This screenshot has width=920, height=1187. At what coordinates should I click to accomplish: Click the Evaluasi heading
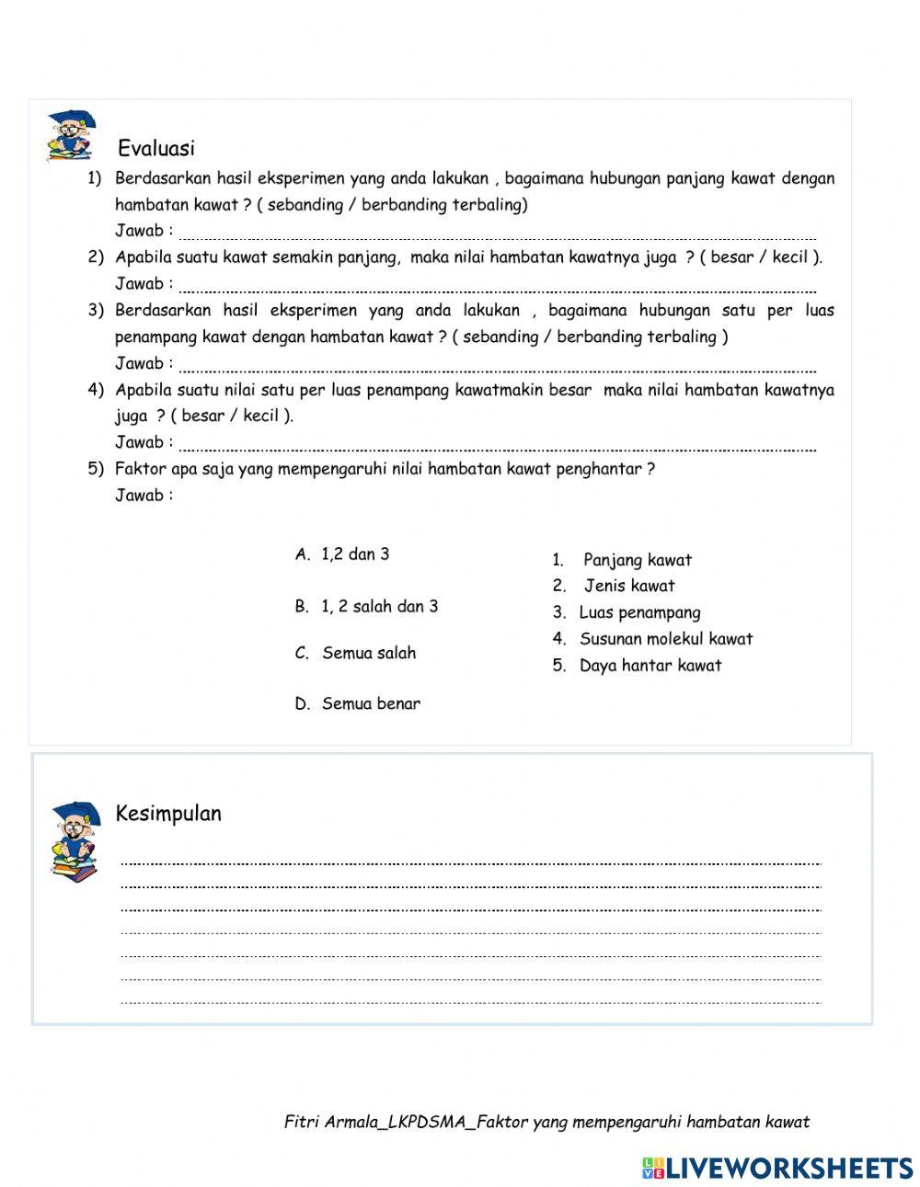[155, 148]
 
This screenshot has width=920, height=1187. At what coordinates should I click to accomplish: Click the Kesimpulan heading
[168, 814]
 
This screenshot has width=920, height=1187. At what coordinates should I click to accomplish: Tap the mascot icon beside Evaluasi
[71, 136]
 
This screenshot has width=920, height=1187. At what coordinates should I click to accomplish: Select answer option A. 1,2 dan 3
[342, 554]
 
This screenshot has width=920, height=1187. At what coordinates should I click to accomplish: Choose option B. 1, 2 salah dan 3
[366, 607]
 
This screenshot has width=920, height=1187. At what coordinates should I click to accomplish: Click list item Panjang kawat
[637, 560]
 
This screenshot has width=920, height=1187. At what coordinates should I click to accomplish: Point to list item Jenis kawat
[628, 586]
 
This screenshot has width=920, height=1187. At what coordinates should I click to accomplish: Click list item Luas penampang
[639, 612]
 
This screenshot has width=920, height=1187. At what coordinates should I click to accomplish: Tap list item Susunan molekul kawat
[665, 639]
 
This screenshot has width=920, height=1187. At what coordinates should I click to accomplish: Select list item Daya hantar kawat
[650, 666]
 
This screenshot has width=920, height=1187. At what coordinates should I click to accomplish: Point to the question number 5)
[96, 469]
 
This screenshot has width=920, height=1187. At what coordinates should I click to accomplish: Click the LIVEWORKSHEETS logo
[777, 1168]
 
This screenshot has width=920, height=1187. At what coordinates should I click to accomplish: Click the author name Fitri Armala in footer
[331, 1122]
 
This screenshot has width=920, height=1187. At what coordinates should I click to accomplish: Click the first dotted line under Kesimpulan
[470, 863]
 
